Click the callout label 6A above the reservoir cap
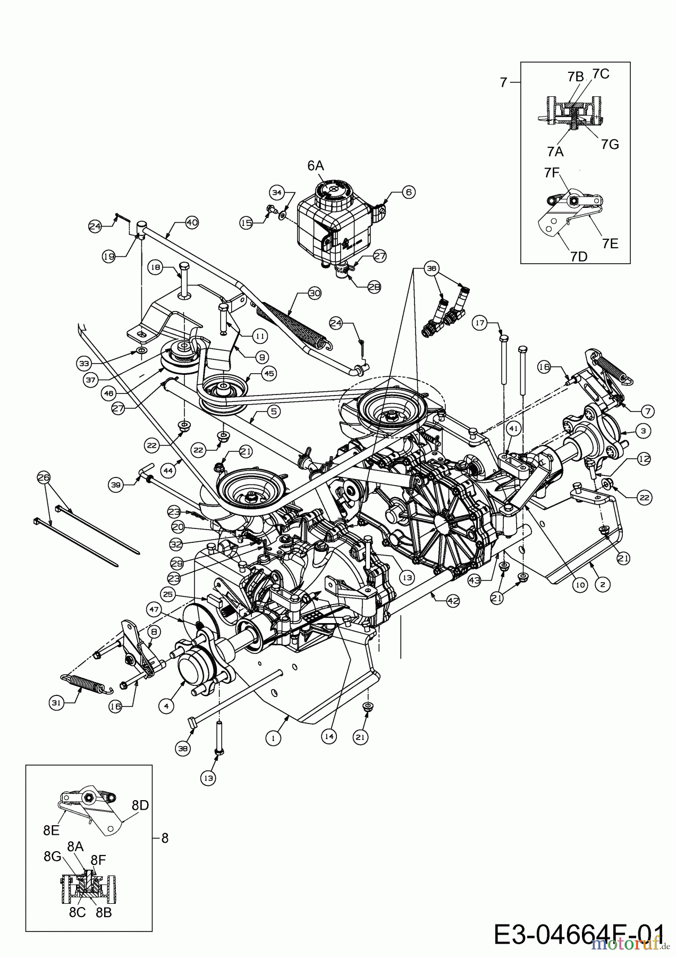[315, 166]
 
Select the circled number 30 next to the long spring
[315, 293]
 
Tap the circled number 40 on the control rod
[191, 223]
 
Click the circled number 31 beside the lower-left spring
[56, 703]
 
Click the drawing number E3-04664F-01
[579, 934]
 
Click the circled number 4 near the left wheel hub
[166, 706]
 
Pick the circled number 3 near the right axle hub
[643, 431]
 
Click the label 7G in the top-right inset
[611, 144]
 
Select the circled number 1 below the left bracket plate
[273, 737]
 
